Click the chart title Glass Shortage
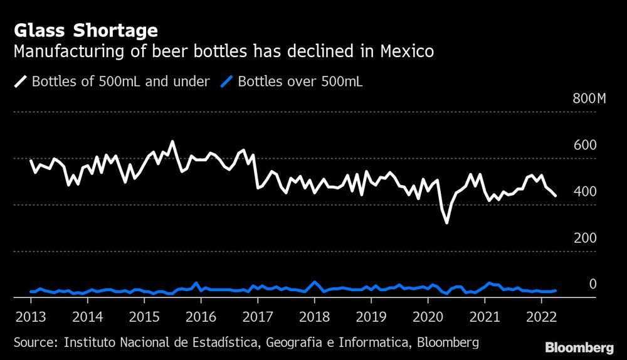point(85,30)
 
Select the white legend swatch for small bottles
point(20,82)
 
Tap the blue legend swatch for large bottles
point(227,82)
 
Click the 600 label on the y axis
point(586,146)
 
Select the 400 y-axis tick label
point(586,192)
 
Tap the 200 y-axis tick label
point(586,238)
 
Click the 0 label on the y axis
point(593,285)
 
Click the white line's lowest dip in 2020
point(446,222)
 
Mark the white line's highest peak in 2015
point(172,142)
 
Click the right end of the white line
point(556,196)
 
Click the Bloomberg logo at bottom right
point(579,347)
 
